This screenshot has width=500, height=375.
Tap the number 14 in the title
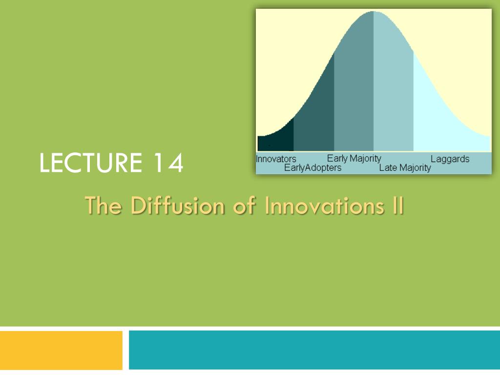click(x=167, y=163)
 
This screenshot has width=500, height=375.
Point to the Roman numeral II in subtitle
click(x=397, y=205)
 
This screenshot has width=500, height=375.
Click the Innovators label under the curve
click(x=276, y=159)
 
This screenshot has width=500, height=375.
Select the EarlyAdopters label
click(x=312, y=168)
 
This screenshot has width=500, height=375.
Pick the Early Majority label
click(x=354, y=158)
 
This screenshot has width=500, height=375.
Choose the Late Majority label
click(x=405, y=168)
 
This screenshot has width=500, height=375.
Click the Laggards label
click(x=450, y=159)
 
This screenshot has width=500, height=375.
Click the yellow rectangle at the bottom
click(x=61, y=350)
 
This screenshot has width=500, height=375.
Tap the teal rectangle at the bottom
click(x=314, y=350)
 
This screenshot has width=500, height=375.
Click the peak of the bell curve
click(x=374, y=12)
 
